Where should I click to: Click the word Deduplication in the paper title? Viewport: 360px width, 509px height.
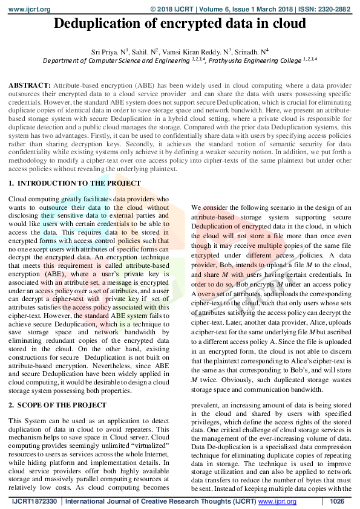(x=95, y=25)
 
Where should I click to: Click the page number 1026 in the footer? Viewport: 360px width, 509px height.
(x=337, y=502)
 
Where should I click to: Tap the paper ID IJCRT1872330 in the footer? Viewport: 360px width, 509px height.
(x=34, y=502)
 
